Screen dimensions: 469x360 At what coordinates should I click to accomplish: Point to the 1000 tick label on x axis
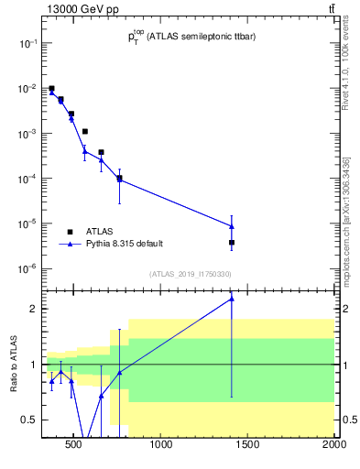(161, 446)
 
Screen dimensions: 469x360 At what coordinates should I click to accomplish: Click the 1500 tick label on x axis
(248, 446)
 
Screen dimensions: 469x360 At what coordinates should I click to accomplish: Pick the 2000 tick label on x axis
(333, 446)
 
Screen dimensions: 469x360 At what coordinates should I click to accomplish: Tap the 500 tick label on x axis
(75, 446)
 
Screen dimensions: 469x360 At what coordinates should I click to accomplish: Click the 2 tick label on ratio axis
(32, 309)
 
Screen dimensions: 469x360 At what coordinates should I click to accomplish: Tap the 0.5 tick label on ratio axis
(28, 420)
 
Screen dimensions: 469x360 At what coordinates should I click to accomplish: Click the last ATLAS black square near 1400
(232, 243)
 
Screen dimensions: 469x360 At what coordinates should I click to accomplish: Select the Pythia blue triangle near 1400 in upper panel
(232, 225)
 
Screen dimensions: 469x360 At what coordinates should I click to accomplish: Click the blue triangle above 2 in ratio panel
(232, 298)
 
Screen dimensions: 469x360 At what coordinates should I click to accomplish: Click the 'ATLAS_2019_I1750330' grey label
(191, 274)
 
